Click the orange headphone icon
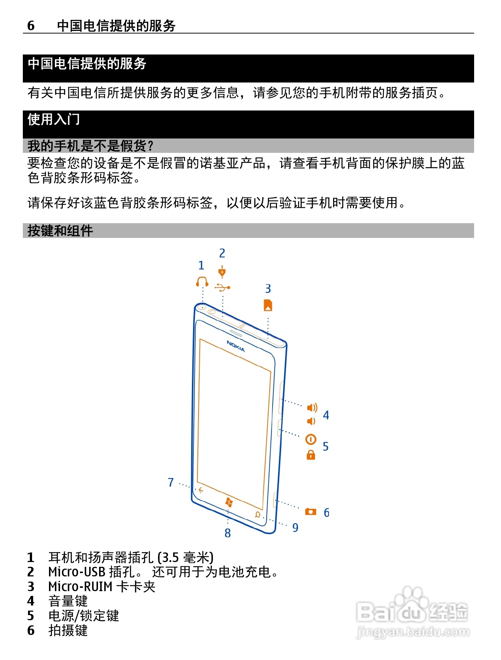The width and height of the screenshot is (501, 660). (202, 282)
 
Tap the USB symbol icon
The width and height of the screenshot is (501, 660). (223, 287)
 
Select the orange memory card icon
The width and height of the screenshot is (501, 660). (268, 305)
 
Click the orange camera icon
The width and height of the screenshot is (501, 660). (311, 512)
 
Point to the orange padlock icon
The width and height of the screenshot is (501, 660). (311, 455)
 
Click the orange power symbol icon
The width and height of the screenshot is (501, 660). (311, 439)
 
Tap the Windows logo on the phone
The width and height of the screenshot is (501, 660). (229, 502)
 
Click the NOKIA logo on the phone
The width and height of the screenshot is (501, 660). (236, 346)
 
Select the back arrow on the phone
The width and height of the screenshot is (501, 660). (201, 490)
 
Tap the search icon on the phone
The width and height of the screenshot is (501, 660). (257, 515)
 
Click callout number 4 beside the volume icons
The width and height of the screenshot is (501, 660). (326, 415)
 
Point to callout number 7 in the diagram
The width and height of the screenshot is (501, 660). (171, 482)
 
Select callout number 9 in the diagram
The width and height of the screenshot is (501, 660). (295, 527)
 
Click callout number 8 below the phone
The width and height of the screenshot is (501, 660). (228, 533)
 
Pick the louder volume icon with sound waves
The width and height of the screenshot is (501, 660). (312, 407)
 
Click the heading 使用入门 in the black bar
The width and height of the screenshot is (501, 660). (54, 119)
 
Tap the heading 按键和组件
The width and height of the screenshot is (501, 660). (60, 231)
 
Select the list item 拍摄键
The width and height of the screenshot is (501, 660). (68, 630)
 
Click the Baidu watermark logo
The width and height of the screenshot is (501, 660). (413, 611)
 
